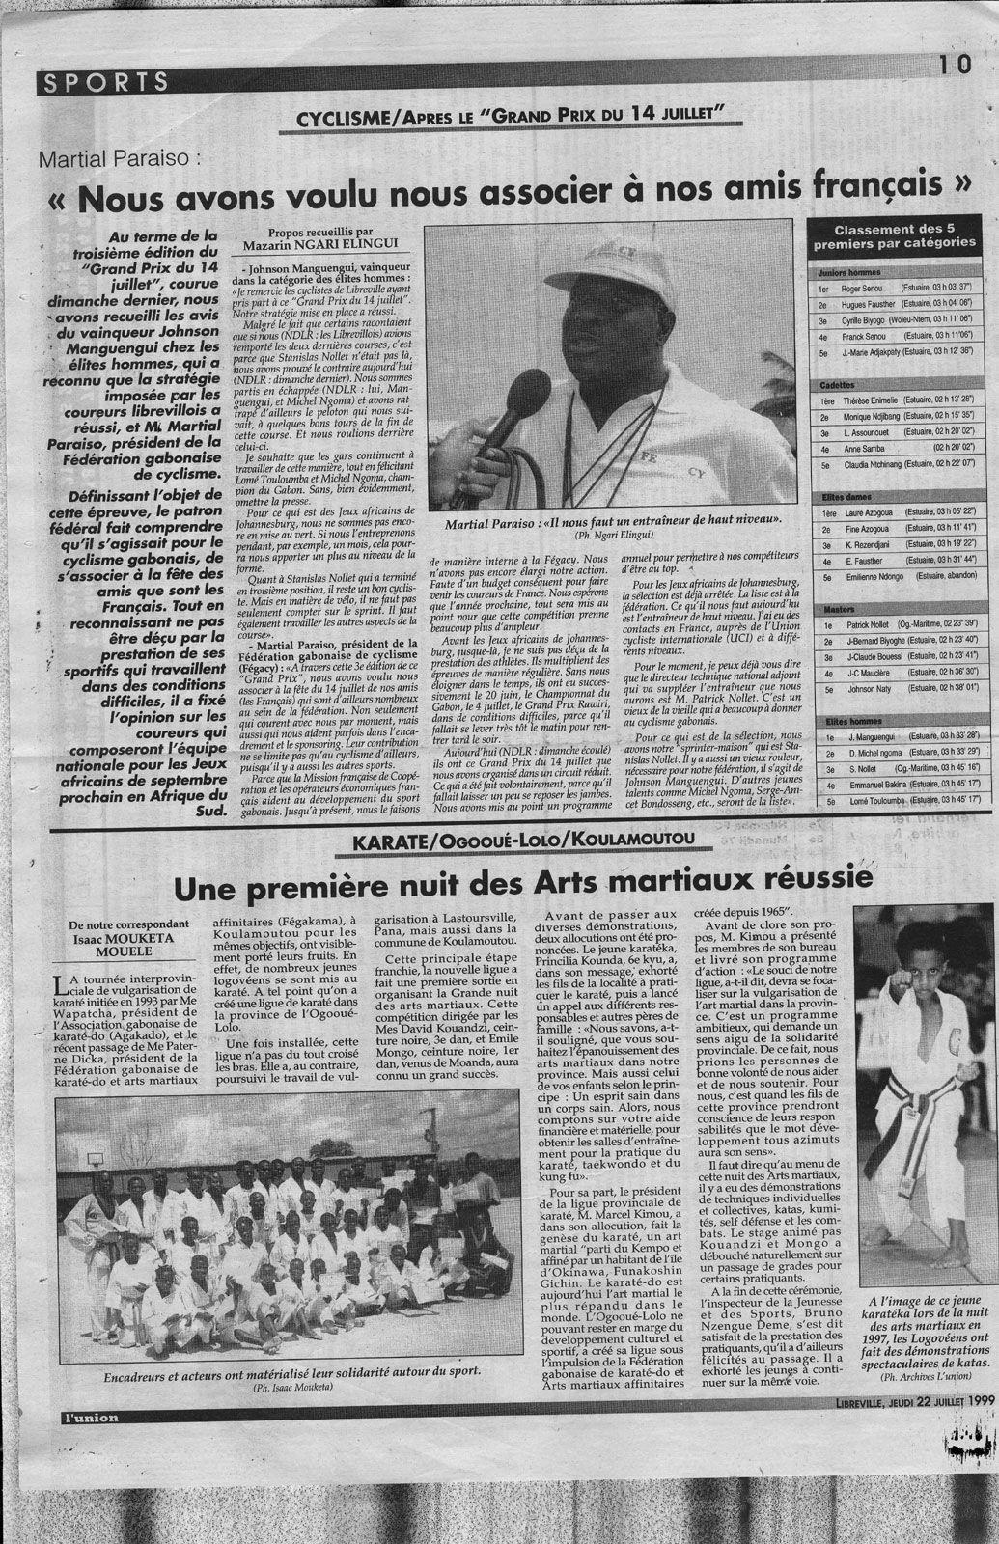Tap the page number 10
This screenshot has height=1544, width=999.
coord(954,66)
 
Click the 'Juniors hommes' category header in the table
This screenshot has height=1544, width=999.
coord(839,274)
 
